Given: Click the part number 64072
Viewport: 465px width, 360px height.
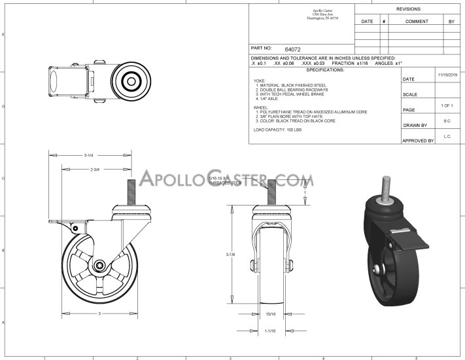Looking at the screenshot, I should pyautogui.click(x=293, y=49).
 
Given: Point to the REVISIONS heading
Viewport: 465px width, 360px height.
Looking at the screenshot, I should pyautogui.click(x=409, y=9).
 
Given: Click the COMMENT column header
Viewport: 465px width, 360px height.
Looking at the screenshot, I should pyautogui.click(x=417, y=22).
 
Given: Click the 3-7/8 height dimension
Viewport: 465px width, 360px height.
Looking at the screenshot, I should pyautogui.click(x=239, y=255).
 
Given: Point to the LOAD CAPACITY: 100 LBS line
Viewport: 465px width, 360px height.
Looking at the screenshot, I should pyautogui.click(x=268, y=130).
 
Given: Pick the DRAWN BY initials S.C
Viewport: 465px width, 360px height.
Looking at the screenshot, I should pyautogui.click(x=446, y=121).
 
